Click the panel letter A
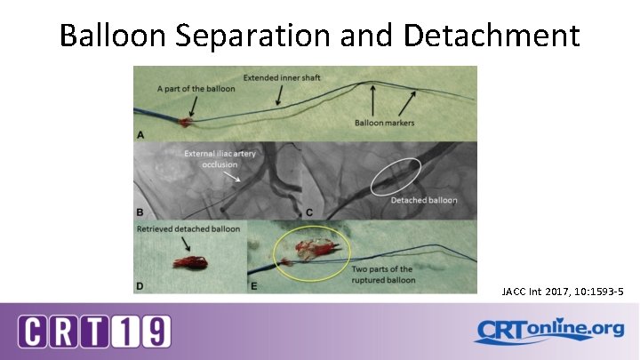139,134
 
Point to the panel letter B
139,213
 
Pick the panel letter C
308,213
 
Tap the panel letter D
139,285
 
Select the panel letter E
255,285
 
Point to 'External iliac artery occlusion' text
220,160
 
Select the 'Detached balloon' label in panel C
424,200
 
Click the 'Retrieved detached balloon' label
188,229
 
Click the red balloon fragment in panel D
189,263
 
